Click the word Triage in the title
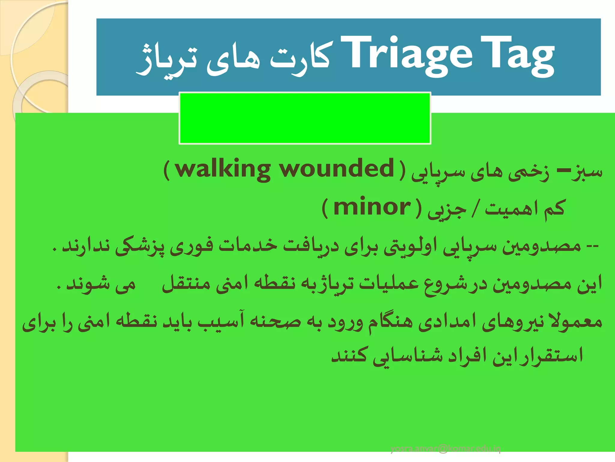tap(407, 56)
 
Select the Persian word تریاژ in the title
tap(167, 60)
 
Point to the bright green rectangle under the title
tap(305, 118)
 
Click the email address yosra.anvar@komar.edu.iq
tap(445, 449)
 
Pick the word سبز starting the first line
tap(587, 171)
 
